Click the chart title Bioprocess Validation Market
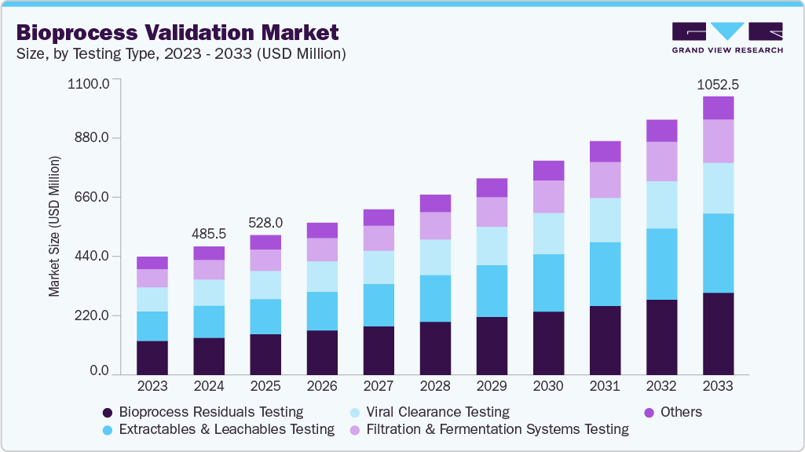pyautogui.click(x=177, y=32)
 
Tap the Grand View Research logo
pyautogui.click(x=726, y=38)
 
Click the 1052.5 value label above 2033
pyautogui.click(x=718, y=84)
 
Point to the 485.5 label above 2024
pyautogui.click(x=209, y=234)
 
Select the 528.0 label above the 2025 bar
pyautogui.click(x=265, y=223)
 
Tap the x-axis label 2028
pyautogui.click(x=435, y=386)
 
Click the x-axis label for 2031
pyautogui.click(x=605, y=386)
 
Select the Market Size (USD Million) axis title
pyautogui.click(x=54, y=227)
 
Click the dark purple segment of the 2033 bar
pyautogui.click(x=718, y=334)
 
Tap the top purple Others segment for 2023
pyautogui.click(x=152, y=263)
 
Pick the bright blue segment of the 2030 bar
pyautogui.click(x=548, y=282)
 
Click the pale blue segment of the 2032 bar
pyautogui.click(x=661, y=205)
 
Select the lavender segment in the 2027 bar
pyautogui.click(x=379, y=238)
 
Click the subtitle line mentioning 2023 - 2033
pyautogui.click(x=181, y=54)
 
